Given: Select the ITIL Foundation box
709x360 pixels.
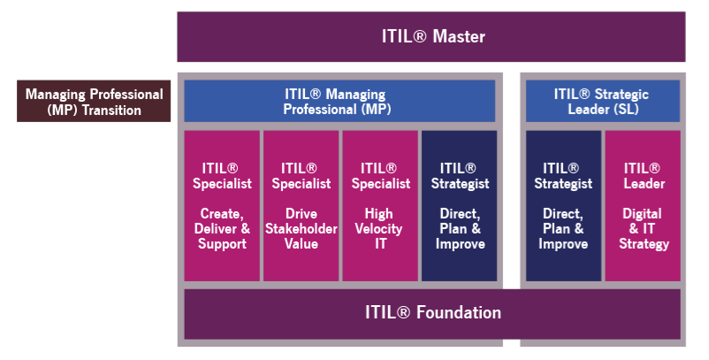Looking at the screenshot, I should pos(431,313).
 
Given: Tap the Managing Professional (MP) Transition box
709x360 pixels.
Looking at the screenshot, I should pos(94,102).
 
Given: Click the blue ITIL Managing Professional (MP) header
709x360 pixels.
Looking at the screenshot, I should pos(339,101).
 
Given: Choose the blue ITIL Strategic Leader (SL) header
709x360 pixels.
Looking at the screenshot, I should pos(602,101).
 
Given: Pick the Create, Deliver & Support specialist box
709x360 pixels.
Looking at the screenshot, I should pos(222,205).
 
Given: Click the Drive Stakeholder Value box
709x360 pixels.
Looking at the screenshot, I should pos(301,205).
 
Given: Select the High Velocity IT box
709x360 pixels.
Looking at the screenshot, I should pos(380,205).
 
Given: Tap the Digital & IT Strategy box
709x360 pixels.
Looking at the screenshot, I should pos(643,205).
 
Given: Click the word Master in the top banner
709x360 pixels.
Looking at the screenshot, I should pos(458,36).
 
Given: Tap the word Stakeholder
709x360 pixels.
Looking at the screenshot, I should pos(301,229).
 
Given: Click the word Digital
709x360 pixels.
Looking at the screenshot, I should pos(643,214).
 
